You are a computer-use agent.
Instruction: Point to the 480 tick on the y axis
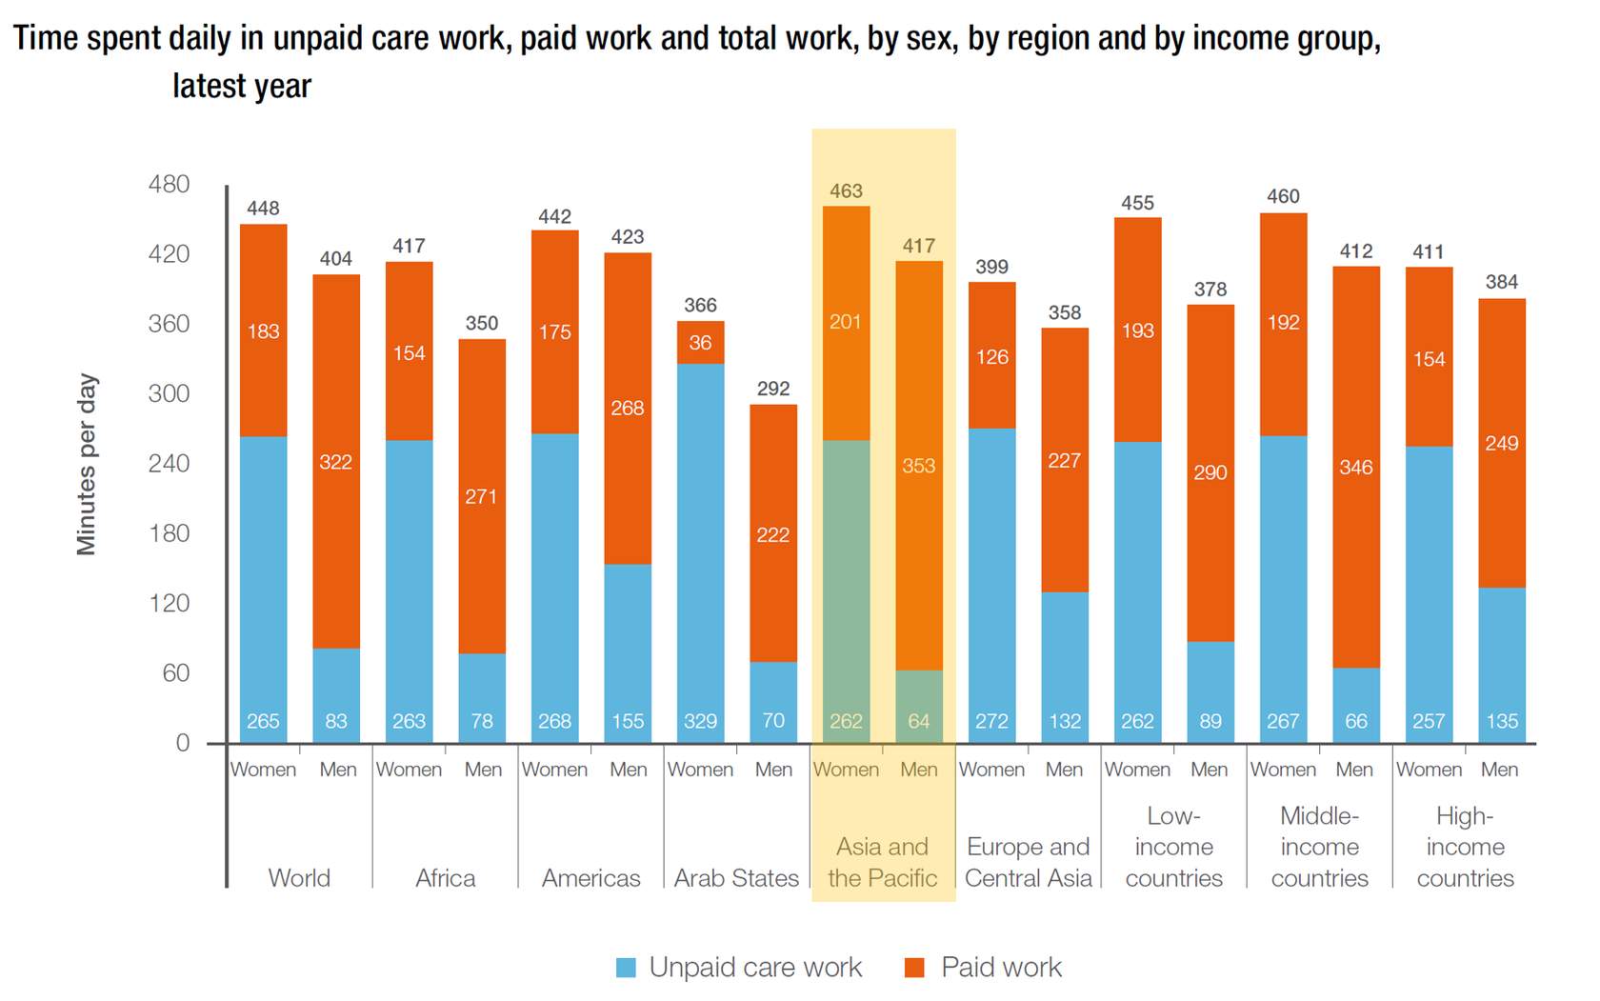tap(169, 184)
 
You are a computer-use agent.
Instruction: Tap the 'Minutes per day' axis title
tap(87, 464)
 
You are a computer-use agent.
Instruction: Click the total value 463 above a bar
tap(846, 191)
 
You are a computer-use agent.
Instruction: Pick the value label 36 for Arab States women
tap(700, 343)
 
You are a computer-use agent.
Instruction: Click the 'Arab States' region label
tap(736, 878)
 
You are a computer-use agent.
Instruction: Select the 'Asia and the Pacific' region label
tap(882, 862)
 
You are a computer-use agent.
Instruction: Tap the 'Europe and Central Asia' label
tap(1029, 862)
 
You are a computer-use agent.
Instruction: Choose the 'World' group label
tap(299, 878)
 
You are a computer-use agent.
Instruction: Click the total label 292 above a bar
tap(773, 389)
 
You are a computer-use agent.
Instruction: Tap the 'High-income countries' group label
tap(1465, 847)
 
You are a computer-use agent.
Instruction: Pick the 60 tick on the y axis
tap(175, 673)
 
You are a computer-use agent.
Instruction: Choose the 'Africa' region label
tap(445, 878)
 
